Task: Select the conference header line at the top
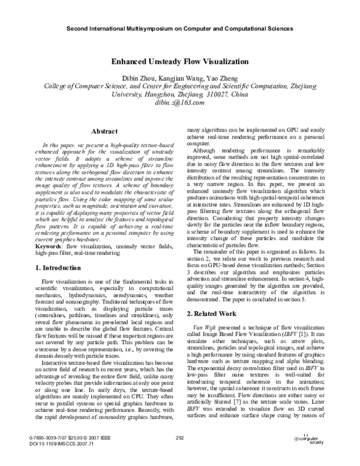point(179,28)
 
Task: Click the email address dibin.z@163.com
point(180,103)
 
